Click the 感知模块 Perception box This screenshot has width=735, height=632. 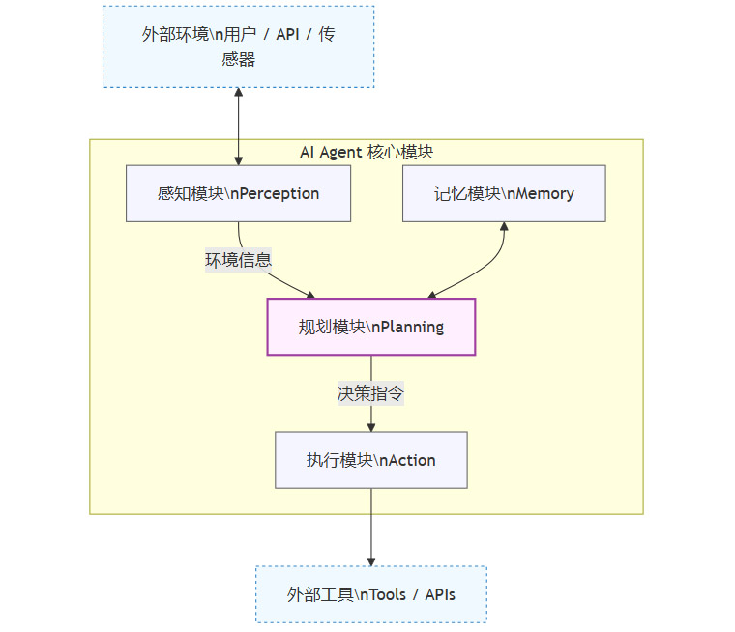238,193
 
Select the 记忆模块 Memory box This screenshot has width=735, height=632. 504,193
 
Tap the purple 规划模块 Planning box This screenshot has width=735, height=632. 371,327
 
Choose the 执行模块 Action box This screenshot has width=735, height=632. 371,460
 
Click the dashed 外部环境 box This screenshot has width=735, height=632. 238,46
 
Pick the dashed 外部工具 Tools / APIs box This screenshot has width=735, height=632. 371,594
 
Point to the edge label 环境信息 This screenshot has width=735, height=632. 238,260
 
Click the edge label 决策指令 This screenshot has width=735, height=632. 371,393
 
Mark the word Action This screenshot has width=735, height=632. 411,460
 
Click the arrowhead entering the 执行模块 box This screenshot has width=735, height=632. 371,426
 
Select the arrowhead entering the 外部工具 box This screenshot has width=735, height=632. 371,560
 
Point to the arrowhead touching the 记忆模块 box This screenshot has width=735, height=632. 504,228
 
